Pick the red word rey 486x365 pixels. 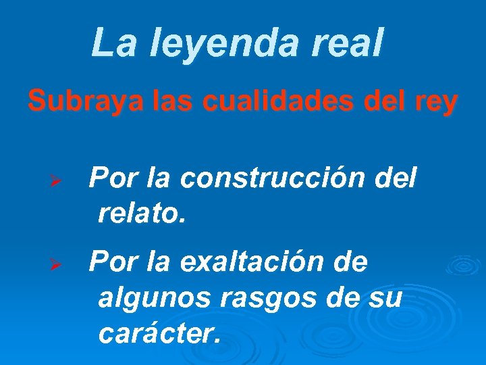tap(437, 103)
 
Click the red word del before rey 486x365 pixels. tap(381, 102)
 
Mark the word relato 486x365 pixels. tap(140, 214)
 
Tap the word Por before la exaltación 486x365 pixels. tap(113, 261)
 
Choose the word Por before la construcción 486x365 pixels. tap(113, 179)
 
